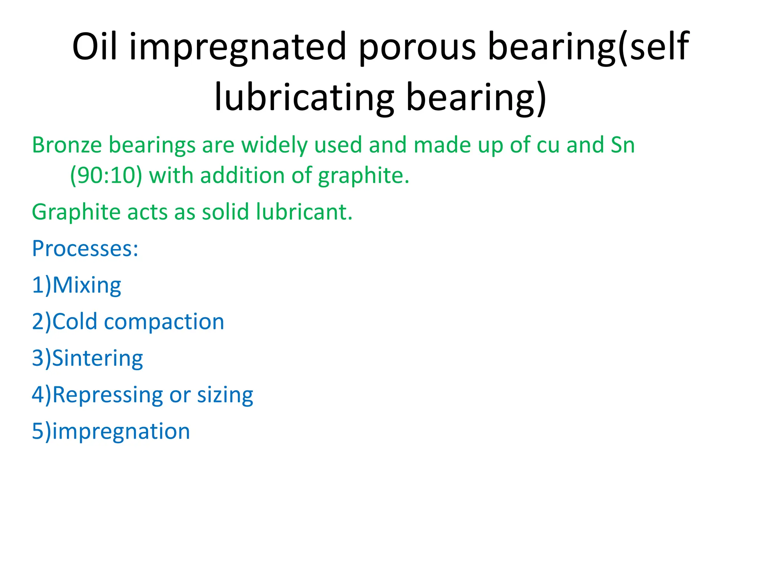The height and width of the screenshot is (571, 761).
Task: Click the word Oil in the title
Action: coord(95,46)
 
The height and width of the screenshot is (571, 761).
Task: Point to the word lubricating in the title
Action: coord(304,97)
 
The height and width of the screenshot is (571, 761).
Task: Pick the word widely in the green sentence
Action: coord(274,145)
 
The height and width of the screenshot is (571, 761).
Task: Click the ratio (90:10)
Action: coord(106,175)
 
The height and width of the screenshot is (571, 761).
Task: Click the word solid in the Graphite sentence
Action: coord(226,212)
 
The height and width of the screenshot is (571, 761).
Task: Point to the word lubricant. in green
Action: coord(304,212)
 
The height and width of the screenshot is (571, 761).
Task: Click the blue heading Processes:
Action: coord(85,248)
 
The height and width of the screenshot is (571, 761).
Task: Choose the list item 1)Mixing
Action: coord(77,285)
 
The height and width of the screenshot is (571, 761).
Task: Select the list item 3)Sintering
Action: coord(87,358)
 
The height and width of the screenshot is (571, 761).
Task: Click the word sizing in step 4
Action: coord(225,395)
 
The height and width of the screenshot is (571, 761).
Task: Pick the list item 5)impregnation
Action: coord(111,431)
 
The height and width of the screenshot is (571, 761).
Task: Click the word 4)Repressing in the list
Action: coord(97,395)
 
